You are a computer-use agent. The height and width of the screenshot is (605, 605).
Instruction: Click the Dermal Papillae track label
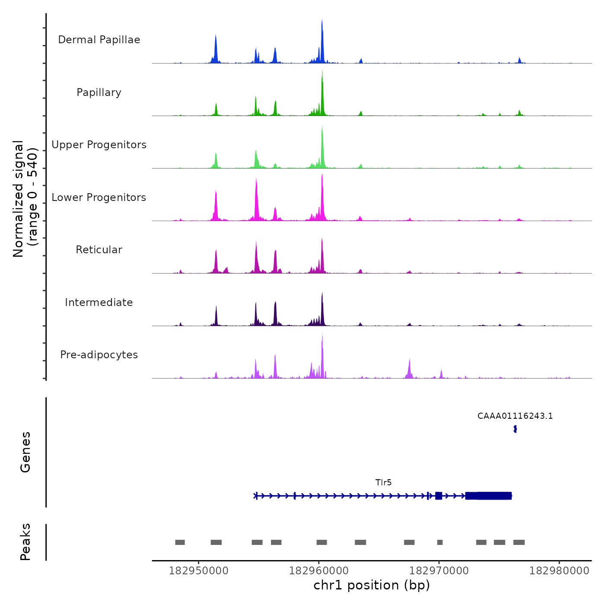(x=99, y=40)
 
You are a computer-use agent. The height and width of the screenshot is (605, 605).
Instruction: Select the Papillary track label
(x=99, y=92)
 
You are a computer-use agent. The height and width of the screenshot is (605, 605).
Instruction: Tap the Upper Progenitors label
(x=99, y=145)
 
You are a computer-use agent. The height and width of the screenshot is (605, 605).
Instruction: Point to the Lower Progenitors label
(x=99, y=197)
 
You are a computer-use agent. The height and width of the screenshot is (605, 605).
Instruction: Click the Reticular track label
(x=99, y=250)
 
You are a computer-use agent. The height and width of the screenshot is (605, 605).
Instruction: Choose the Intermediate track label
(x=99, y=302)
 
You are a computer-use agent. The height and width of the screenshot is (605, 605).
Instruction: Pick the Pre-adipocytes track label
(x=99, y=355)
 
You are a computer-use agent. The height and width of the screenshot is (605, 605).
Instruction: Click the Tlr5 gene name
(x=383, y=482)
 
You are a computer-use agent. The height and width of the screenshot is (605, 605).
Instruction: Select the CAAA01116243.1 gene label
(x=515, y=416)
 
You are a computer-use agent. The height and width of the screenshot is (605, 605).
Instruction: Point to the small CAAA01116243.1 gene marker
(x=515, y=429)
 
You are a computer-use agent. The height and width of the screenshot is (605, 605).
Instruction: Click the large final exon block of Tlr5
(x=489, y=496)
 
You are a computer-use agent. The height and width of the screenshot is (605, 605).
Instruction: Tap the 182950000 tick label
(x=199, y=570)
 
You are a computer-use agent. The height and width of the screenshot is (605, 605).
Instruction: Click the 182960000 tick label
(x=319, y=570)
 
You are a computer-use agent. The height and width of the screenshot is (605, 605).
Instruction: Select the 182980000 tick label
(x=559, y=570)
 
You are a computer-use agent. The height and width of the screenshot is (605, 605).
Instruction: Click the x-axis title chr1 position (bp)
(x=372, y=585)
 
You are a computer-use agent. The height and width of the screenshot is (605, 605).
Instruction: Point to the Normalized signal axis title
(x=25, y=199)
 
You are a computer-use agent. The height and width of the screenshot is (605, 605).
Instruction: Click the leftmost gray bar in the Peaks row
(x=180, y=542)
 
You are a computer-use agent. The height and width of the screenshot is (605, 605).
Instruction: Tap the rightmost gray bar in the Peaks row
(x=519, y=542)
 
